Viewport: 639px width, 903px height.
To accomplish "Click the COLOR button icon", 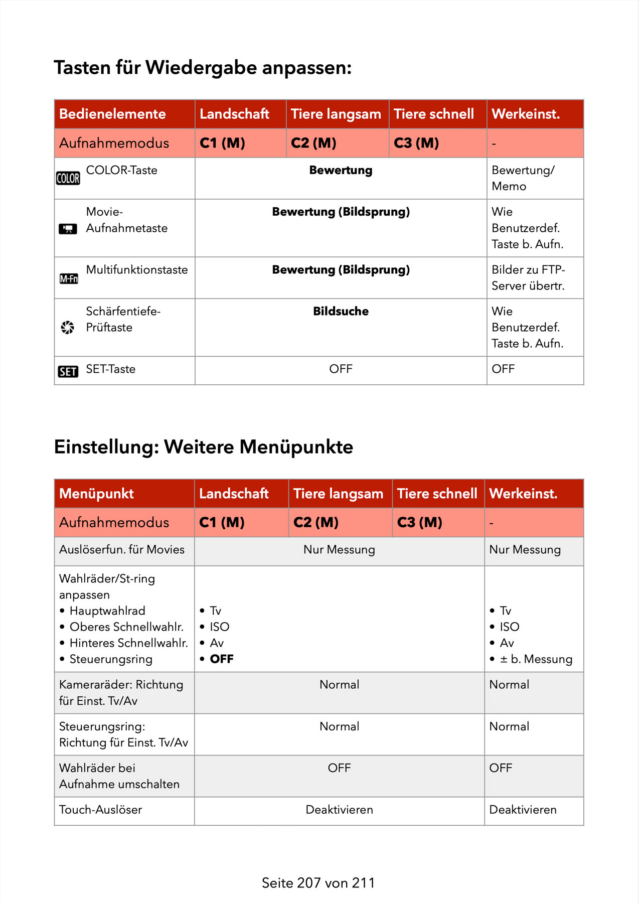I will (68, 178).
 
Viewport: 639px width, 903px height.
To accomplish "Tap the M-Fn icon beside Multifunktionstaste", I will (69, 278).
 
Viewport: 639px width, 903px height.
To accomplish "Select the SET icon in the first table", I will (68, 371).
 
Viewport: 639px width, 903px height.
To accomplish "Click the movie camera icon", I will (68, 229).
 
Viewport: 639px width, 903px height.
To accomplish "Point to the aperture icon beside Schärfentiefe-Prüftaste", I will (67, 327).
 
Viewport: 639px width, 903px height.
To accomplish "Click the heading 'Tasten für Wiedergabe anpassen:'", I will (203, 68).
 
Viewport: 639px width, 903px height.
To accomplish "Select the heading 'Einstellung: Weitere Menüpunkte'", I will (203, 447).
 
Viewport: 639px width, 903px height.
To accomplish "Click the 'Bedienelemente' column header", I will (112, 114).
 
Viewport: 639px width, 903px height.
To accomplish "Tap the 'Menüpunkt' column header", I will (96, 494).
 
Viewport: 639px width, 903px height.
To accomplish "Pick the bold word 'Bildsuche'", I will (341, 312).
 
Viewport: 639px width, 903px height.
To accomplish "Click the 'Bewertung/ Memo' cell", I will (523, 178).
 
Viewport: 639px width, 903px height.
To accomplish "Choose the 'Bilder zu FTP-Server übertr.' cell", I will (528, 277).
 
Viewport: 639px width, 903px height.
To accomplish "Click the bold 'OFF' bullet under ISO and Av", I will (221, 659).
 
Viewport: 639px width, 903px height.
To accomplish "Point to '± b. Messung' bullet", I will (535, 659).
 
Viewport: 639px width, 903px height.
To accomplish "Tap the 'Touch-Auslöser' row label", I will (100, 810).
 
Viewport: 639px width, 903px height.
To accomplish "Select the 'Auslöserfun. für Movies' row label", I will (121, 550).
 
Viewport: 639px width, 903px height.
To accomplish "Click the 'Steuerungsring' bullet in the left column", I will (110, 659).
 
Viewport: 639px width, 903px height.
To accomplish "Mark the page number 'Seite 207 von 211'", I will (318, 883).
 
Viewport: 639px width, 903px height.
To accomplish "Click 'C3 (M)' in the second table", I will (419, 523).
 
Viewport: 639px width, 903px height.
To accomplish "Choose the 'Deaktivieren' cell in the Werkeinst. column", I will (523, 810).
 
